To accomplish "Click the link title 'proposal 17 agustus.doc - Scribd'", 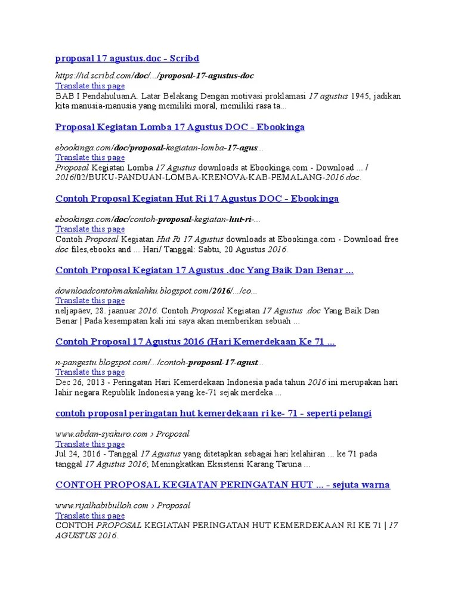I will click(x=127, y=58).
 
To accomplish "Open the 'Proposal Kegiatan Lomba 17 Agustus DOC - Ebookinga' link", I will click(x=180, y=127).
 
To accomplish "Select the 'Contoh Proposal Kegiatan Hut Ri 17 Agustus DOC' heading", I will click(x=197, y=199).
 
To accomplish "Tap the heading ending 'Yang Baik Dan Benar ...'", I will click(x=204, y=270).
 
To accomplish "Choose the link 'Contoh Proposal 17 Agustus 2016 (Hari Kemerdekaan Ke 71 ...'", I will click(x=195, y=342).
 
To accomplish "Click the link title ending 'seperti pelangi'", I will click(x=213, y=413).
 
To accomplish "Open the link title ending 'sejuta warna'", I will click(x=222, y=485).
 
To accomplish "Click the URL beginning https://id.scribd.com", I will click(x=154, y=76).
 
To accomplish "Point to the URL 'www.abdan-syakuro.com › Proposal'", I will click(x=122, y=434).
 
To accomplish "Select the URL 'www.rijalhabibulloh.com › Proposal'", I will click(x=123, y=505).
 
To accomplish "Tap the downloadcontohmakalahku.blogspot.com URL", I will click(x=156, y=291).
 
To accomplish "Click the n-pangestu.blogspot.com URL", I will click(x=159, y=362).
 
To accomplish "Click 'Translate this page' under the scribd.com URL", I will click(x=90, y=86).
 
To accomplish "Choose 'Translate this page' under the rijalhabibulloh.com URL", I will click(x=90, y=516).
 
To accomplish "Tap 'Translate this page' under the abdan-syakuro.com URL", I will click(x=90, y=444).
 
